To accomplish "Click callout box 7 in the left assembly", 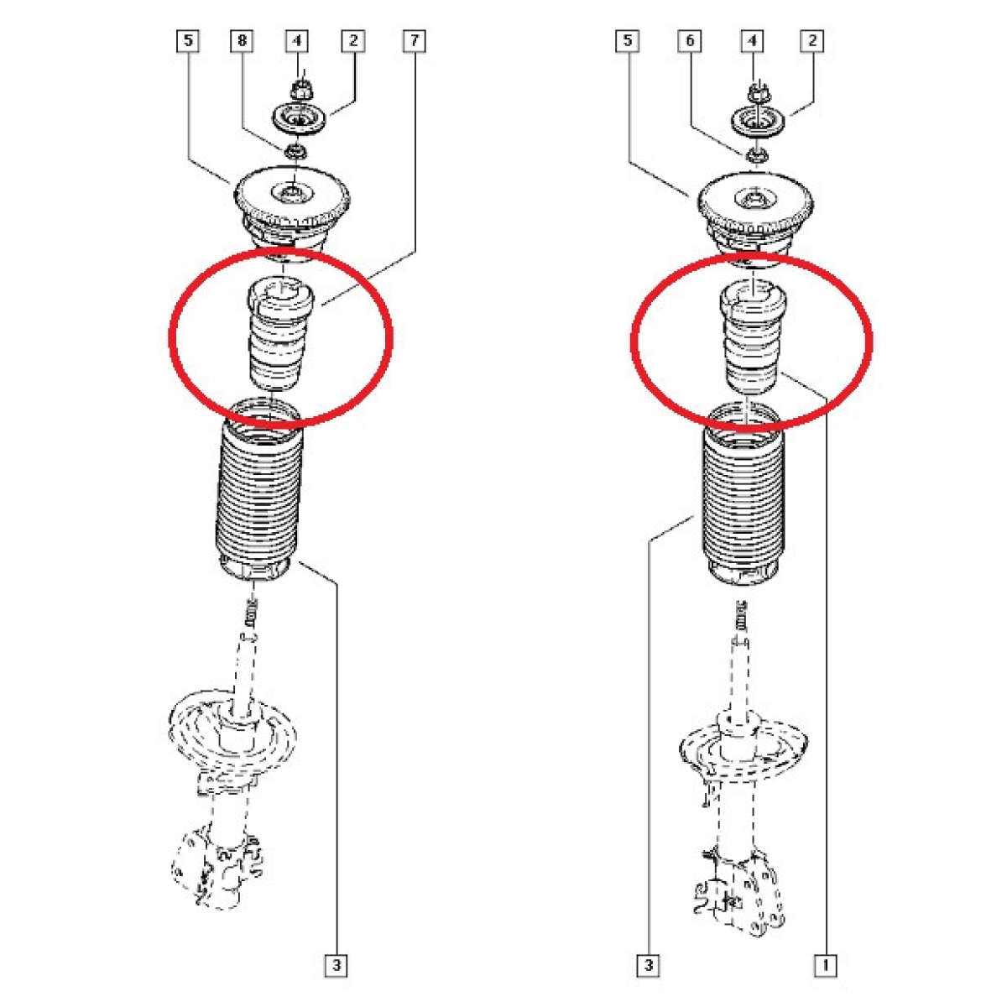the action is [x=414, y=41].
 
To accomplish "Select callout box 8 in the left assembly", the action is [x=242, y=41].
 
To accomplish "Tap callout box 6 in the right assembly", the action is [x=690, y=41].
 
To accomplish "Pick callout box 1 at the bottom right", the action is [x=826, y=965].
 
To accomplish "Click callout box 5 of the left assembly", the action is [x=188, y=41].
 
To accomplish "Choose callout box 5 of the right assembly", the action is [x=628, y=41].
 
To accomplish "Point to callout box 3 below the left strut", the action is [x=336, y=965].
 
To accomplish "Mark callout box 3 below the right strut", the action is [x=649, y=965].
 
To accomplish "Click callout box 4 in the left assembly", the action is [x=297, y=41].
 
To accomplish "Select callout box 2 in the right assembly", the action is [x=812, y=41].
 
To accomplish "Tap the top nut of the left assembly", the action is [x=300, y=90].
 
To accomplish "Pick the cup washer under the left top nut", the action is [x=300, y=121].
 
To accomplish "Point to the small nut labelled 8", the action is [x=295, y=153].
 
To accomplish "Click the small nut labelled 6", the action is [x=754, y=155].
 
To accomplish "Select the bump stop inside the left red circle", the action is [x=279, y=335].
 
